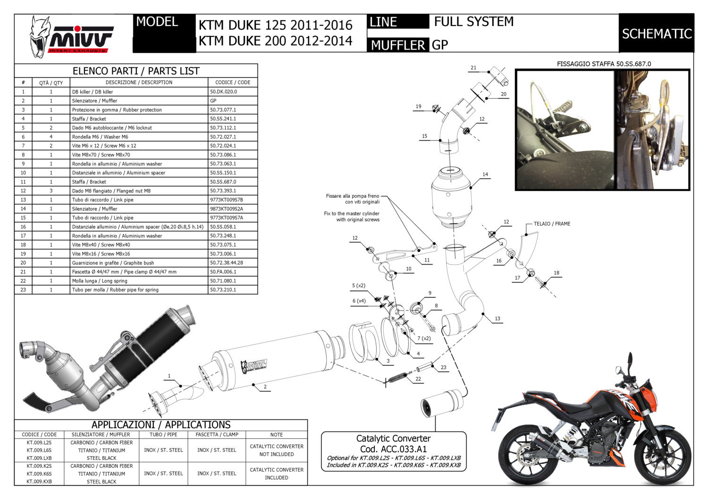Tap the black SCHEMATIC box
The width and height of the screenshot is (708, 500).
[657, 33]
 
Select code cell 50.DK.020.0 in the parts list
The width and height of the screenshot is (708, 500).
[224, 92]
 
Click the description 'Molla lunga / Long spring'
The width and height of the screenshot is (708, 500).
[100, 281]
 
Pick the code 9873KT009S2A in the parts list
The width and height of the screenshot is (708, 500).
[227, 209]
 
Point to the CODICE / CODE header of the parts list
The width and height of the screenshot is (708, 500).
[233, 83]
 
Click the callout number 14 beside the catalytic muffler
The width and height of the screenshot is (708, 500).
[485, 175]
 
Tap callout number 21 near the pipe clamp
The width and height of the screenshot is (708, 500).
[473, 68]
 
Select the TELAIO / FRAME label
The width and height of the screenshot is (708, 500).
[552, 224]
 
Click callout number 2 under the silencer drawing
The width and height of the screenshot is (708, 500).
[265, 387]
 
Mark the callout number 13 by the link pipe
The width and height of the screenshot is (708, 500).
[497, 319]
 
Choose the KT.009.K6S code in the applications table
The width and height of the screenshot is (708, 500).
[39, 474]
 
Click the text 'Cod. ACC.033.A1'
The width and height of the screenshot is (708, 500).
[393, 449]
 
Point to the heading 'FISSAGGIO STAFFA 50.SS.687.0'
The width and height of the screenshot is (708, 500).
[604, 64]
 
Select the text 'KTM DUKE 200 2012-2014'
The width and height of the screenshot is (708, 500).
[275, 41]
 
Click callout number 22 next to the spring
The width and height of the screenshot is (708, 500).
[418, 379]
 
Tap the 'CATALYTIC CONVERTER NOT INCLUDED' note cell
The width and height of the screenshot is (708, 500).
[277, 450]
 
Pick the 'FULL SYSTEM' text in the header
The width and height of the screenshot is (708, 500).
[473, 22]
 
